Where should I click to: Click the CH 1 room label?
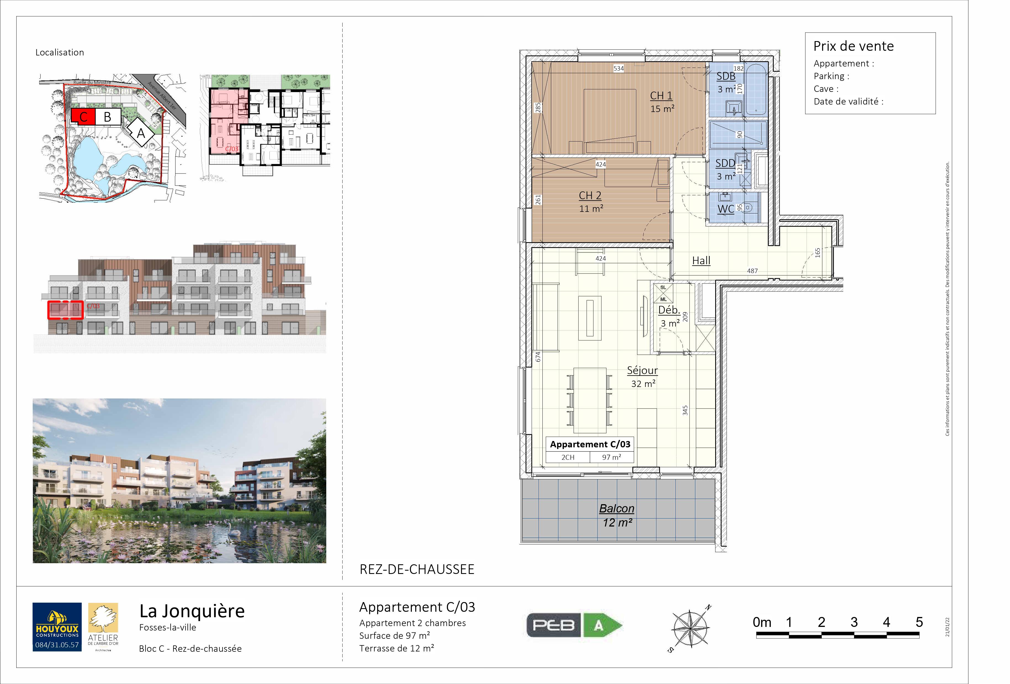661,95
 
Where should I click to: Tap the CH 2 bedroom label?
590,196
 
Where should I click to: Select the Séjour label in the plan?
642,370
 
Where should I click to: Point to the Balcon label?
617,509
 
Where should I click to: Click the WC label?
726,209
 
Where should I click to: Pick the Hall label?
701,261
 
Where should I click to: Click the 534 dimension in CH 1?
618,68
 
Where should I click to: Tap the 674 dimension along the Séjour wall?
538,357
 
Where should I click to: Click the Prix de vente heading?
853,46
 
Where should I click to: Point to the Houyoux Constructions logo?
57,627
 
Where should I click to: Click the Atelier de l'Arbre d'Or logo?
103,627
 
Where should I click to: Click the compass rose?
690,628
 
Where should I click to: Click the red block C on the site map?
83,116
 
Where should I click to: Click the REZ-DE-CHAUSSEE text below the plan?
417,569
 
